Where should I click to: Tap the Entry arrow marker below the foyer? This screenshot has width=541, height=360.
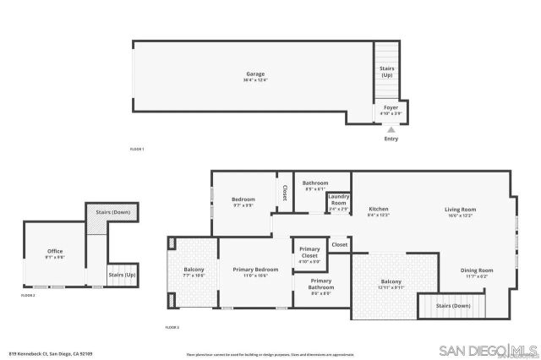coord(391,129)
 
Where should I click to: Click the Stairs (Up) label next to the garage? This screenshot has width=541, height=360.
coord(387,71)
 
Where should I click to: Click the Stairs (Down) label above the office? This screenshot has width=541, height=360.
coord(112,212)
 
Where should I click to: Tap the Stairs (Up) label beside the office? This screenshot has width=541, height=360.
coord(122,275)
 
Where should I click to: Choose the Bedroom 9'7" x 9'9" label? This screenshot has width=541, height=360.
coord(243,202)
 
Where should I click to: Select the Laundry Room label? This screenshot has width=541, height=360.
coord(338,203)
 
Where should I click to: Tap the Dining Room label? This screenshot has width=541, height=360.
coord(477,272)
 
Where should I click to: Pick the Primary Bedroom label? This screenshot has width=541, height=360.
coord(256,271)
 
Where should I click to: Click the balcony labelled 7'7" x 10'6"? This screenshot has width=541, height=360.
coord(194,272)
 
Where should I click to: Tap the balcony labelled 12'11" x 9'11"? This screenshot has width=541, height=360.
coord(391,284)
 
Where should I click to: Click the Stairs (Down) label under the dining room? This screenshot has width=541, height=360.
coord(453,305)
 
